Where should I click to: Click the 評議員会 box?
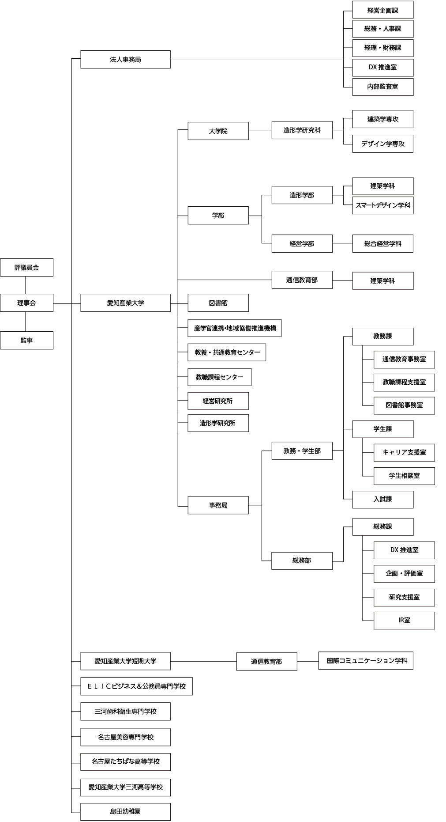26,268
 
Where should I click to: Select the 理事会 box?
26,303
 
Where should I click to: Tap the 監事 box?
26,341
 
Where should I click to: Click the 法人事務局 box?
125,60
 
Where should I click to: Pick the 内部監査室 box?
382,87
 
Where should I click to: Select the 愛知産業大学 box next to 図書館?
125,303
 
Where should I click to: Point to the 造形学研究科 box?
302,130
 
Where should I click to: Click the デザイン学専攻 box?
382,144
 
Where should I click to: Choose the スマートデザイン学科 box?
382,205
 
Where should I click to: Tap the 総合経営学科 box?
382,244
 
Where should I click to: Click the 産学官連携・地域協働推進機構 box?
234,328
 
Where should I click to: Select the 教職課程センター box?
219,377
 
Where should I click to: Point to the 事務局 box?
218,505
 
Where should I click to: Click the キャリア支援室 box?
404,452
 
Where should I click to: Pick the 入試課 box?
382,499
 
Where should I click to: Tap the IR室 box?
404,620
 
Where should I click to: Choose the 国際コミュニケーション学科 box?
366,661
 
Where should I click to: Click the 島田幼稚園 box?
125,812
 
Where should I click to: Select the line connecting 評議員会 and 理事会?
26,285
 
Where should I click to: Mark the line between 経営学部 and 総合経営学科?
342,243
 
